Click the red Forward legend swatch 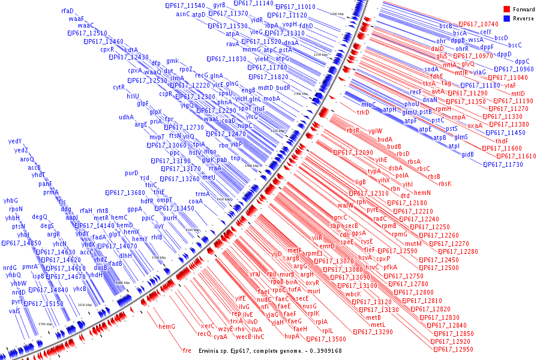[x=507, y=9]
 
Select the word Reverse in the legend [x=523, y=19]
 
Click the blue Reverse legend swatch [x=507, y=19]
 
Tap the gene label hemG [x=167, y=326]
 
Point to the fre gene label [x=187, y=350]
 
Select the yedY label [x=15, y=141]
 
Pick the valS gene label [x=15, y=311]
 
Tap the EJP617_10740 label [x=478, y=24]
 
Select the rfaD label [x=67, y=11]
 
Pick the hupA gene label [x=292, y=336]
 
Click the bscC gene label [x=515, y=45]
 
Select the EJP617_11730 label [x=512, y=164]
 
